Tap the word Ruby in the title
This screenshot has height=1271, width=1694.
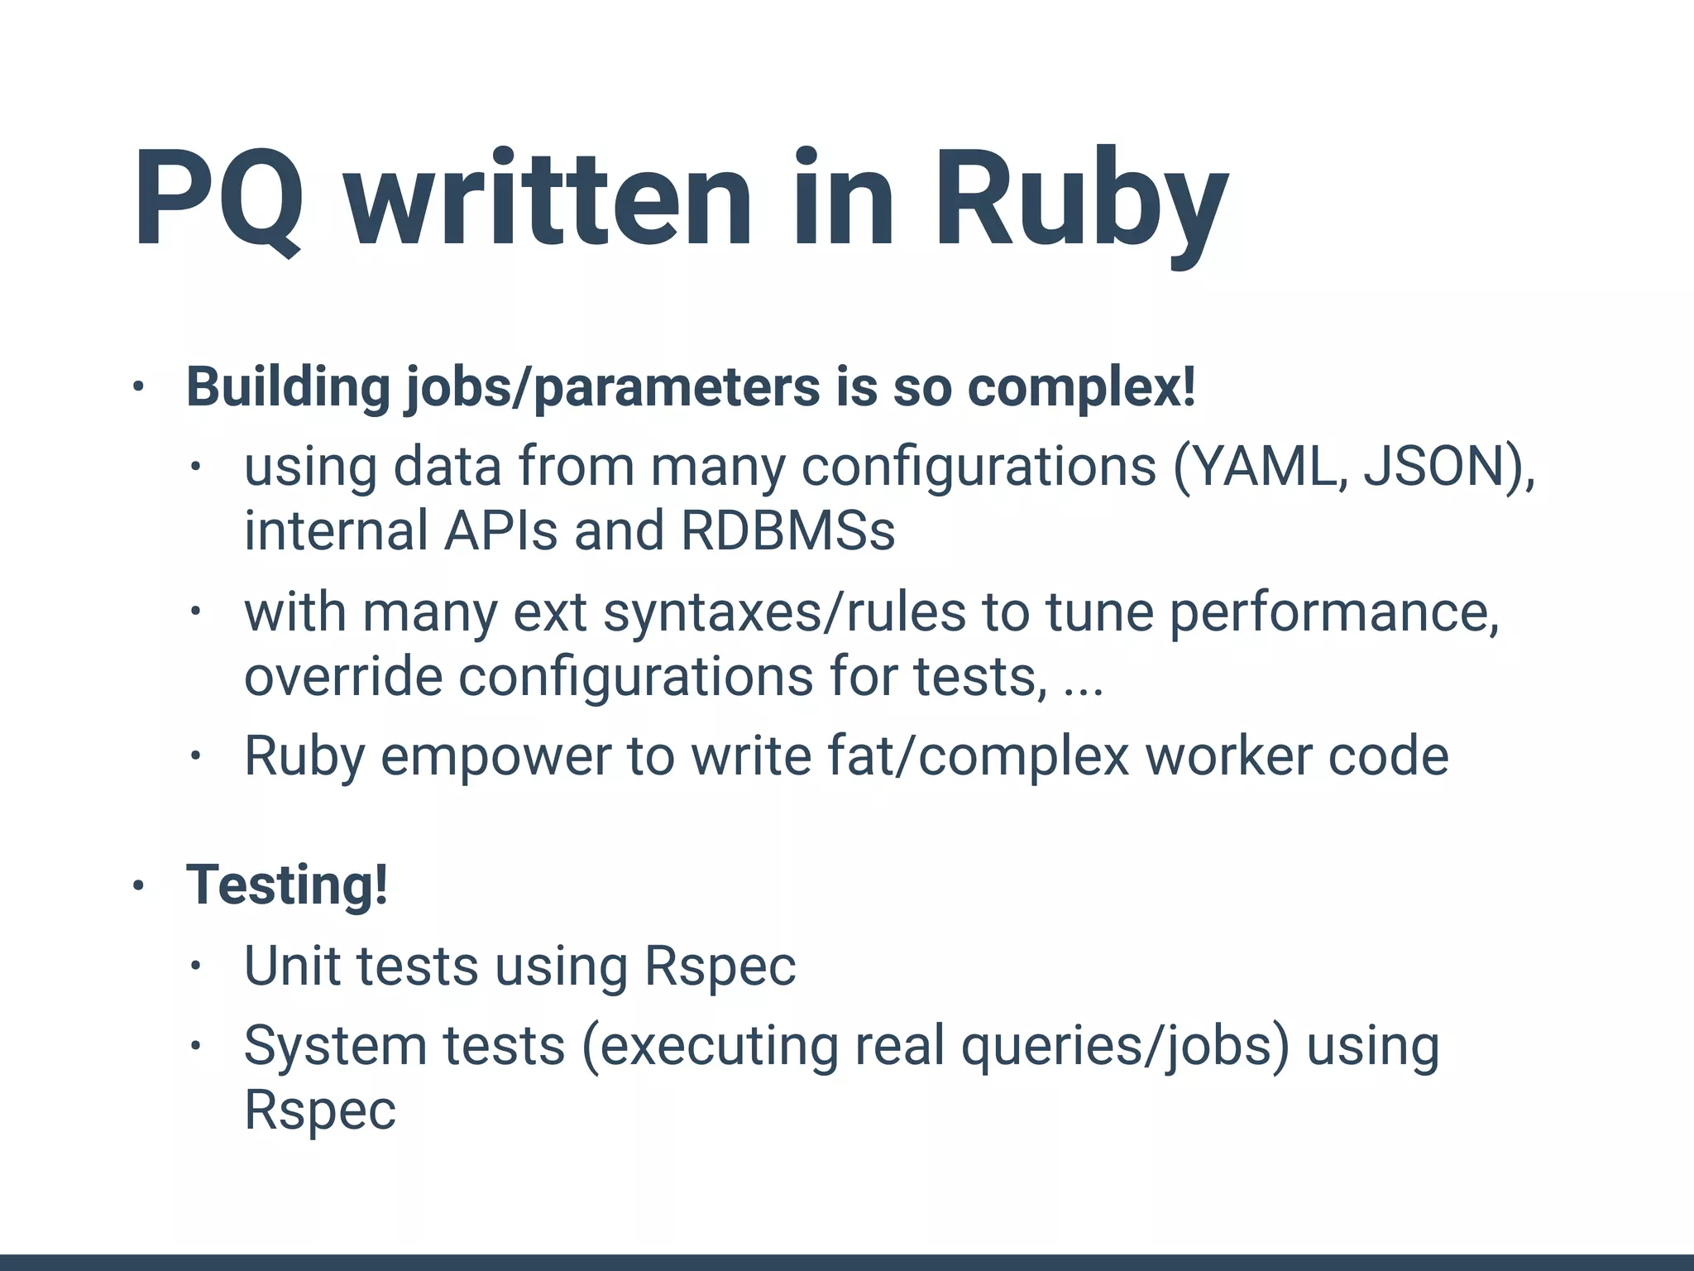click(1080, 199)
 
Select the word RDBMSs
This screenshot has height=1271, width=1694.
click(787, 530)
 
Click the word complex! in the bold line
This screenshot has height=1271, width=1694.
click(1081, 386)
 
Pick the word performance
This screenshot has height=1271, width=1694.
click(1333, 612)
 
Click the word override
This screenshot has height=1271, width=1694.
click(343, 676)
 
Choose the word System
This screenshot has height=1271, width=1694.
click(335, 1045)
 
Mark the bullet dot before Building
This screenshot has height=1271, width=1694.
click(138, 386)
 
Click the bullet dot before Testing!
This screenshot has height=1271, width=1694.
click(138, 885)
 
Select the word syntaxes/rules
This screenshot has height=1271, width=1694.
click(784, 612)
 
